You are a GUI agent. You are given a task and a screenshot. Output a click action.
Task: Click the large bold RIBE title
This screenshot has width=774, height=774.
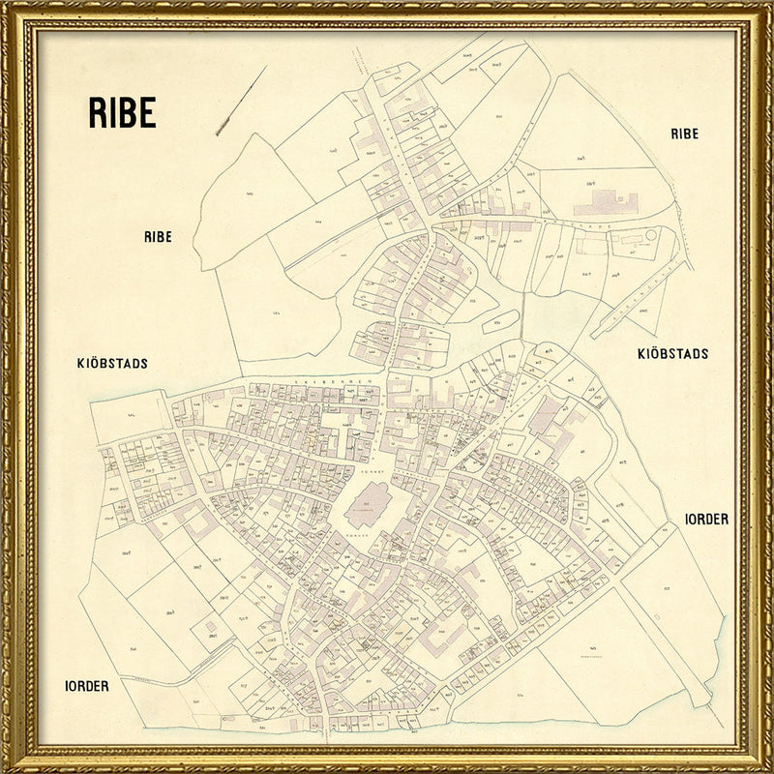coord(122,113)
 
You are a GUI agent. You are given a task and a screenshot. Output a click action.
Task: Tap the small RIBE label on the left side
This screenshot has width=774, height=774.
coord(158,236)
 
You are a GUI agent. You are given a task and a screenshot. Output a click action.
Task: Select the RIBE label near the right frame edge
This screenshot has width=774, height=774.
coord(684,134)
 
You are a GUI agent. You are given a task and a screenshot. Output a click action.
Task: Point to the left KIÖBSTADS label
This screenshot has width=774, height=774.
coord(111,364)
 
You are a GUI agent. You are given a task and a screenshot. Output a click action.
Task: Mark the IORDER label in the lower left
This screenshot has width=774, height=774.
coord(86,685)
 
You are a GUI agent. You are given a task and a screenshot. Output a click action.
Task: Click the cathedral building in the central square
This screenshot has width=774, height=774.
coord(367,504)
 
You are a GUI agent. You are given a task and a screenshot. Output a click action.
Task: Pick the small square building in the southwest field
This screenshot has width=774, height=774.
coord(211,629)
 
